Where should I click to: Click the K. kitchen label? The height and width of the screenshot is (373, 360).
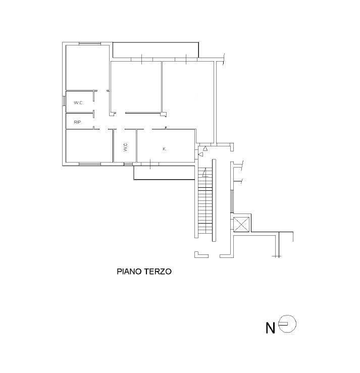pyautogui.click(x=165, y=149)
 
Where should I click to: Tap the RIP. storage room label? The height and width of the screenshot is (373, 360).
pyautogui.click(x=78, y=122)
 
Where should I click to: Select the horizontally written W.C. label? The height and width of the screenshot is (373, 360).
pyautogui.click(x=79, y=103)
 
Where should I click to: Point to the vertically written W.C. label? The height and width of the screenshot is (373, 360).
pyautogui.click(x=126, y=146)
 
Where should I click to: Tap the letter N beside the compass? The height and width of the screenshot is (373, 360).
pyautogui.click(x=270, y=328)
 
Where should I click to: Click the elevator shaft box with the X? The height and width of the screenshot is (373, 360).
pyautogui.click(x=241, y=224)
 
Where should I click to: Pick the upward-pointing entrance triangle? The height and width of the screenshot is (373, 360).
pyautogui.click(x=205, y=149)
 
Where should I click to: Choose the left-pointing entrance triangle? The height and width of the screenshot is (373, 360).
pyautogui.click(x=200, y=154)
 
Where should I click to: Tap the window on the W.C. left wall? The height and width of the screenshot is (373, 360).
pyautogui.click(x=64, y=100)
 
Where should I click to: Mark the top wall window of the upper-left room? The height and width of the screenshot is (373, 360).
pyautogui.click(x=90, y=43)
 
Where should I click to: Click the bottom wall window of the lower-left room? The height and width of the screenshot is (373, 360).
pyautogui.click(x=90, y=164)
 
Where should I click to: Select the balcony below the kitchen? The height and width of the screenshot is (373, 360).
pyautogui.click(x=165, y=173)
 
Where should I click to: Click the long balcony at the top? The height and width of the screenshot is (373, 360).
pyautogui.click(x=156, y=50)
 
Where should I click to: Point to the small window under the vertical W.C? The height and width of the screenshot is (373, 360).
pyautogui.click(x=128, y=164)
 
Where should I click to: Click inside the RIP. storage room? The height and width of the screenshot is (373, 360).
pyautogui.click(x=79, y=121)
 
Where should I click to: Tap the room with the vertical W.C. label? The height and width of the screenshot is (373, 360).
pyautogui.click(x=125, y=146)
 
